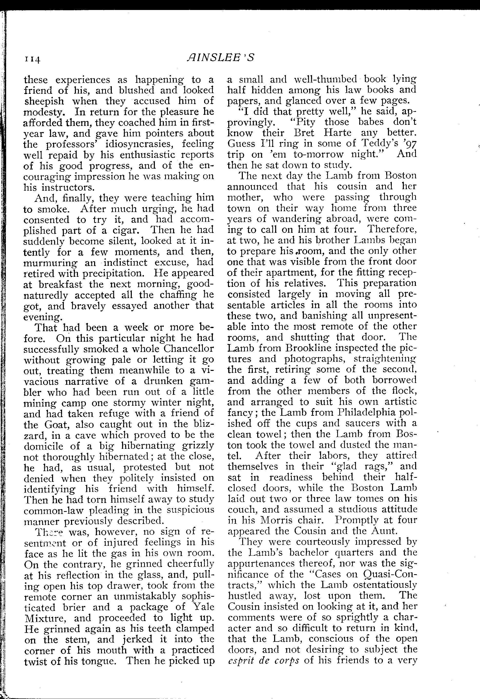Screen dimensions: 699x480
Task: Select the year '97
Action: (x=410, y=144)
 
